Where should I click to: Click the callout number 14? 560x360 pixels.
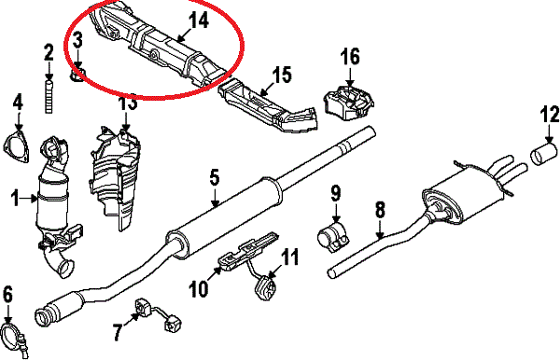[199, 21]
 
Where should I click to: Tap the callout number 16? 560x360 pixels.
[350, 57]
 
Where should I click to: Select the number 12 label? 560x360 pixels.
[550, 115]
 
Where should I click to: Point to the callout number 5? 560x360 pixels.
[214, 178]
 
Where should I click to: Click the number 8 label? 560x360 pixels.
[381, 210]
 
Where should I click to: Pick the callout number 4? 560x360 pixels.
[18, 102]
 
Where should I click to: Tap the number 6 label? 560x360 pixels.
[7, 295]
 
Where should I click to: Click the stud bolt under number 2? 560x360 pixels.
[49, 97]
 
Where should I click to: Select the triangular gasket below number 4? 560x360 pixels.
[17, 147]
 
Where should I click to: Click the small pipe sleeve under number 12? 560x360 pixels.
[543, 154]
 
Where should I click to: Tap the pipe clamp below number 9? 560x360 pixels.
[333, 237]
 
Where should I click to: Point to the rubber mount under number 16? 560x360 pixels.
[348, 102]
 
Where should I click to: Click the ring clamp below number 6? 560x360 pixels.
[12, 338]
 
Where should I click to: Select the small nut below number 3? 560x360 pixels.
[77, 76]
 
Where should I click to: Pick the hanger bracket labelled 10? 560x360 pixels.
[246, 252]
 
